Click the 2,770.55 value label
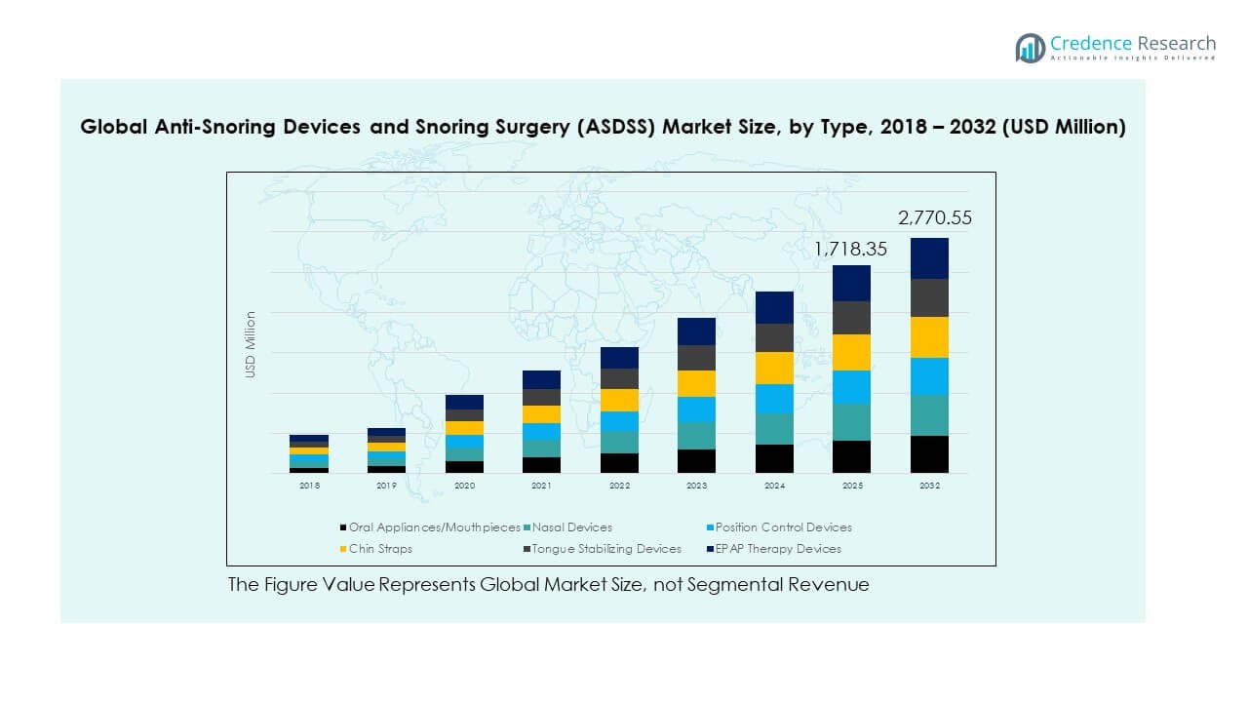click(935, 218)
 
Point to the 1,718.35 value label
click(851, 250)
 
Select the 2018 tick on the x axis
click(309, 486)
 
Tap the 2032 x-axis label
click(929, 486)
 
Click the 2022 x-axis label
click(619, 486)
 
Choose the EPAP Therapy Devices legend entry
click(776, 549)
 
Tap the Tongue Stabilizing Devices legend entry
click(605, 549)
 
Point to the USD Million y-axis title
click(251, 344)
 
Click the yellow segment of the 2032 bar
click(929, 337)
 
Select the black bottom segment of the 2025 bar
click(851, 456)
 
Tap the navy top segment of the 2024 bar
click(774, 307)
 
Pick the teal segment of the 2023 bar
click(696, 436)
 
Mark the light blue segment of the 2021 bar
click(541, 431)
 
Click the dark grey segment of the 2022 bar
click(619, 378)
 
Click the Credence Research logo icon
click(1030, 48)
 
